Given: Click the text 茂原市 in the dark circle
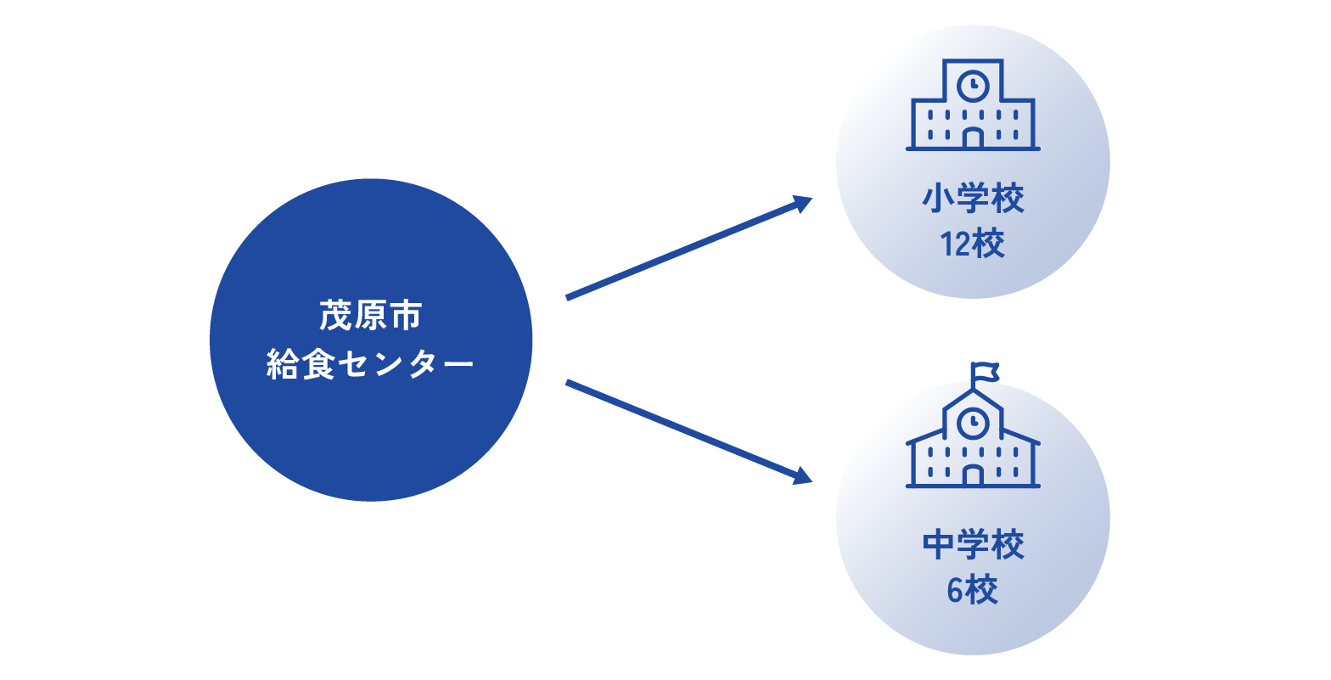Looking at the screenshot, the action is point(371,315).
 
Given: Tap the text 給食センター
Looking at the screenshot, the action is point(370,364).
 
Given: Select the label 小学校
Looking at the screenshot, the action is point(974,199).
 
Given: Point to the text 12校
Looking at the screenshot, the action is point(972,244).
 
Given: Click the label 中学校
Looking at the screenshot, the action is point(974,544).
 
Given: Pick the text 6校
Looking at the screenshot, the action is point(972,590).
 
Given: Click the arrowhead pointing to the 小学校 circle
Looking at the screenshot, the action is point(802,204).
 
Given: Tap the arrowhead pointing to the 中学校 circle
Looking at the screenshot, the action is point(802,476).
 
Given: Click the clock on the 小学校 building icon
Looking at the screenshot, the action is point(974,87).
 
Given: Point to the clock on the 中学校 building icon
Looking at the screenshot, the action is point(974,424).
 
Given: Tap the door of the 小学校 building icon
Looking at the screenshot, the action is point(973,138).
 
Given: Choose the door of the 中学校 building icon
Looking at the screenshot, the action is point(973,475).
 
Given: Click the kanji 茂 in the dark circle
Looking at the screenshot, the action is point(336,315).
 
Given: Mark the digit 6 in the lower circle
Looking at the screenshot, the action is point(954,590).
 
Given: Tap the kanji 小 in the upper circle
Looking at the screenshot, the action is point(938,199).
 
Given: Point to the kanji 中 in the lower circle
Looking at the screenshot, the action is point(938,544).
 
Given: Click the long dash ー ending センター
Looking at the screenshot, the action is point(458,364).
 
